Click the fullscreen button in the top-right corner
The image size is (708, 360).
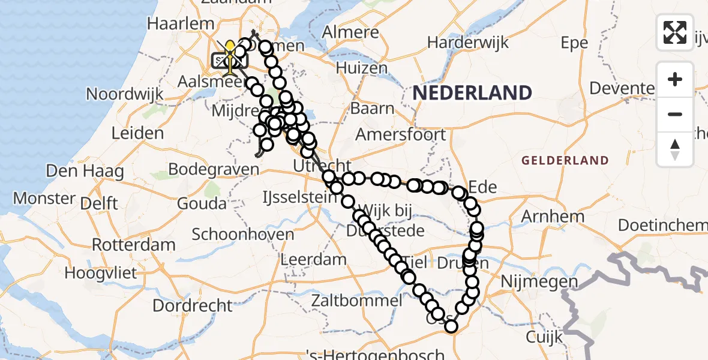point(675,32)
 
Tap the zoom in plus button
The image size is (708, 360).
point(675,79)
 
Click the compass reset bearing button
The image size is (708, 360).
point(675,149)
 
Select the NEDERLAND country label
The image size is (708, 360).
point(472,93)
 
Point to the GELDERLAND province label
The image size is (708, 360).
point(565,161)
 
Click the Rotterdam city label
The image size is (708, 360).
point(133,245)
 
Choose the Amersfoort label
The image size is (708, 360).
point(401,134)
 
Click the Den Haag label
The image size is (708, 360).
point(85,172)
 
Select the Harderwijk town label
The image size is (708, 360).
point(468,43)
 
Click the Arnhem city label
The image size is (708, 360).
point(553,216)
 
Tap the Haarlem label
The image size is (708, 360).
point(181,24)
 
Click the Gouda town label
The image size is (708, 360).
point(202,203)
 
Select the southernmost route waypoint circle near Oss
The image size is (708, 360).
point(451,326)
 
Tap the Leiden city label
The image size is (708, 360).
point(138,133)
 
